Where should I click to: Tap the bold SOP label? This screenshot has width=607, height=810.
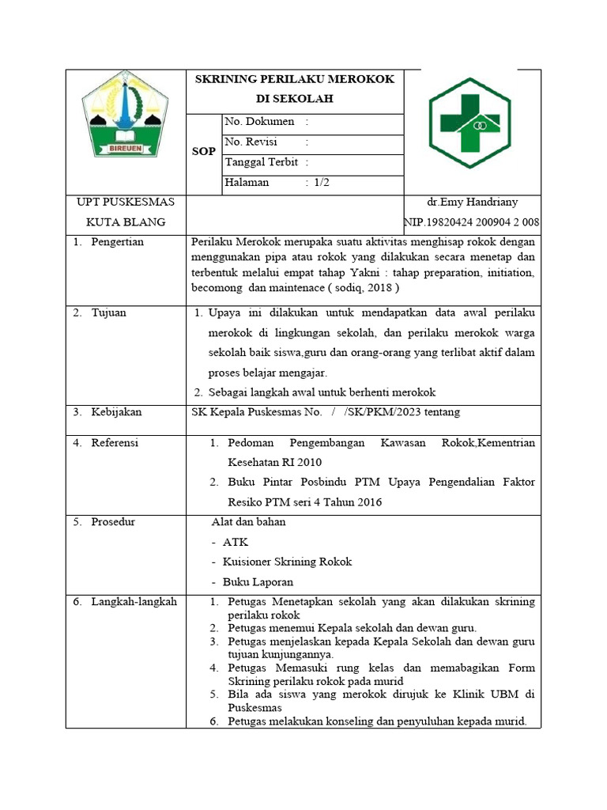coord(204,151)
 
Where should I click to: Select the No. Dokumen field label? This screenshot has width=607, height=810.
coord(259,122)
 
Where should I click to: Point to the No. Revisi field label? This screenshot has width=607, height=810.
coord(255,142)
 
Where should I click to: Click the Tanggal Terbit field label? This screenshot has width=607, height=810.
coord(262,162)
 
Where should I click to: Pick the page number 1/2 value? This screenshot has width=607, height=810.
coord(321,183)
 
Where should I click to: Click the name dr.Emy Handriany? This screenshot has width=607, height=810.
coord(472,202)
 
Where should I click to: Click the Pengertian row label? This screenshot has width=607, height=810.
coord(117,242)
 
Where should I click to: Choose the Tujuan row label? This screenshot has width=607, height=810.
coord(108,312)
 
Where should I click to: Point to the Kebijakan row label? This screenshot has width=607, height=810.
coord(115,412)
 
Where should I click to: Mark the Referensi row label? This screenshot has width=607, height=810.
coord(115,443)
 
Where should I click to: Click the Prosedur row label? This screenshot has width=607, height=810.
coord(113,522)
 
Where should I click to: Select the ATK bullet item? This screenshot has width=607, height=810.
coord(235,542)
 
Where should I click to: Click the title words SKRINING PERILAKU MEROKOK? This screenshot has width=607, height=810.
coord(294,79)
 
